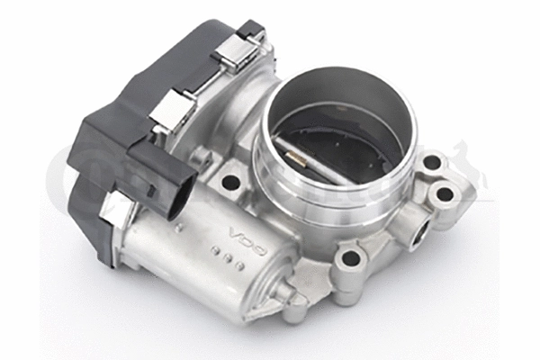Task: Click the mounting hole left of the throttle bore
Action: [x=231, y=182]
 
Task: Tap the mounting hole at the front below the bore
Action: [x=349, y=259]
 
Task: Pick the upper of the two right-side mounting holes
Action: [x=432, y=163]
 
